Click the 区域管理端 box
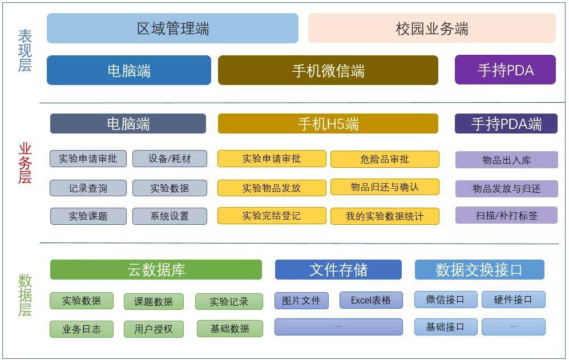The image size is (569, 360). point(172,29)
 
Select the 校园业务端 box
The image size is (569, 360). point(432,29)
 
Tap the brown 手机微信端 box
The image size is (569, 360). point(328,70)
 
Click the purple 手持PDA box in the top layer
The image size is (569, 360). point(506,70)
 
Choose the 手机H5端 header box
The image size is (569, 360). point(328,123)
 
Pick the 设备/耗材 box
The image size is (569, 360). point(170,159)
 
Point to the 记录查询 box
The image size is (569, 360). point(88,188)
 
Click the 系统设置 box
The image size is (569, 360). point(170,216)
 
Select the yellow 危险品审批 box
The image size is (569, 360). point(385,159)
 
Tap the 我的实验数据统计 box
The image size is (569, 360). point(385,216)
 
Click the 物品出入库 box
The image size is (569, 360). point(507,160)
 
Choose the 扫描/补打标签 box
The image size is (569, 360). point(507,215)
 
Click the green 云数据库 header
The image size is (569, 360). point(156,270)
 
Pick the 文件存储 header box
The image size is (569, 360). point(338,270)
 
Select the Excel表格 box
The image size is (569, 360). point(371,300)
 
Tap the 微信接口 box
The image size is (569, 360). point(446,300)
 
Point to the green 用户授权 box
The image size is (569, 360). point(154,329)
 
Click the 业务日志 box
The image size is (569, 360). point(82,329)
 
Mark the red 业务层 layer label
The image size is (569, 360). point(25,163)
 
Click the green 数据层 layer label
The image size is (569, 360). point(25,296)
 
